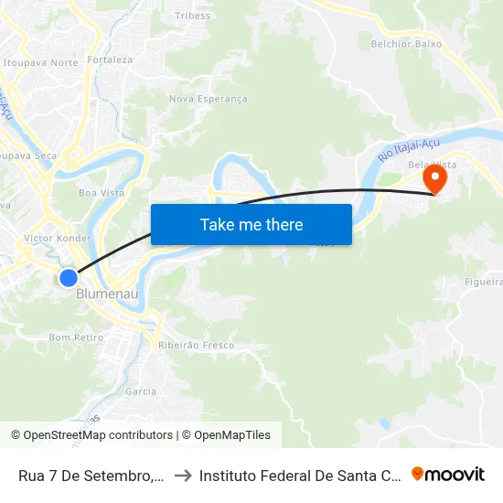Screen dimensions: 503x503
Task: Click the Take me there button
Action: point(251,224)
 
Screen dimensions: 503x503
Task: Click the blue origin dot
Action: point(69,277)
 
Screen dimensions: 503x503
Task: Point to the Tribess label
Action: point(192,16)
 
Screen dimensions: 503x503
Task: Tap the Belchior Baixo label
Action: point(406,43)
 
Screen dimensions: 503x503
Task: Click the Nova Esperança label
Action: point(209,99)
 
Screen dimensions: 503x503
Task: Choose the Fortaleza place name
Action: point(110,60)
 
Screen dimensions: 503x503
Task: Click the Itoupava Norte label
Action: point(41,63)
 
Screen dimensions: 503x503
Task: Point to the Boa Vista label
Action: point(102,193)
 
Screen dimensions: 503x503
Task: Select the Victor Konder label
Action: point(58,239)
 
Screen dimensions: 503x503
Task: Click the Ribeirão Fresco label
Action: point(197,346)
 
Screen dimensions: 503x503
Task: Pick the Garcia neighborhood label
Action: point(141,391)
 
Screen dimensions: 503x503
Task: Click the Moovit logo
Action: point(448,474)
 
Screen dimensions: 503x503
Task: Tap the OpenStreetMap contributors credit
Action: point(91,435)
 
